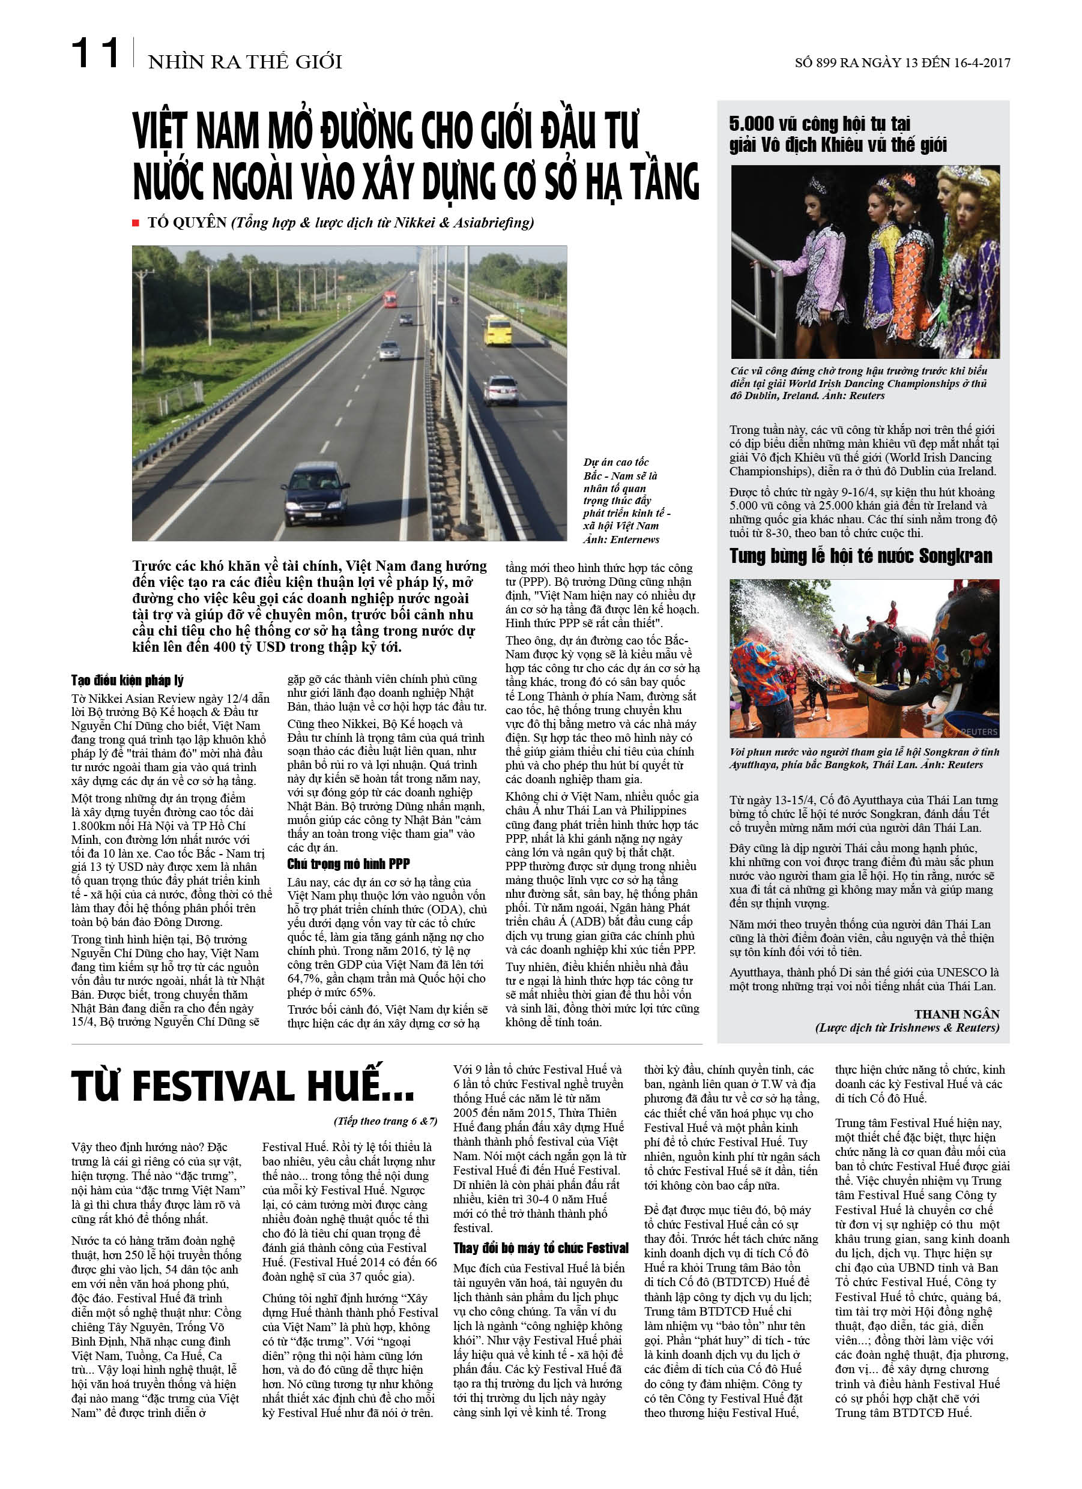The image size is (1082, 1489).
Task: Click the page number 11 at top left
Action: tap(95, 53)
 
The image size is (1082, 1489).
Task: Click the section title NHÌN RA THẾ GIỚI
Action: tap(245, 62)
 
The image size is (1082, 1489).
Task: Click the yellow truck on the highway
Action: tap(498, 329)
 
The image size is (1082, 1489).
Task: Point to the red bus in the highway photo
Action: tap(390, 299)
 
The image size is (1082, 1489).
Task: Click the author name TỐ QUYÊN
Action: tap(187, 223)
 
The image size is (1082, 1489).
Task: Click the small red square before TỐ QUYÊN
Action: tap(136, 223)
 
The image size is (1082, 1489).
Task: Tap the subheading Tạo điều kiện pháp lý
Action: tap(127, 680)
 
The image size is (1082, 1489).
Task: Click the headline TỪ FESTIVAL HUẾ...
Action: tap(243, 1086)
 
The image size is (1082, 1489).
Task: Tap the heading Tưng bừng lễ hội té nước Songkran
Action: tap(860, 557)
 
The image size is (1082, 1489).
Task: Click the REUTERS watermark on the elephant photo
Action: tap(978, 732)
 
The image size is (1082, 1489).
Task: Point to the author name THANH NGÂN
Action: tap(957, 1014)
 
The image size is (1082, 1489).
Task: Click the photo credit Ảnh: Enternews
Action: tap(621, 540)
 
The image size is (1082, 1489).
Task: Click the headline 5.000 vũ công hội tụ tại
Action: tap(819, 124)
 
